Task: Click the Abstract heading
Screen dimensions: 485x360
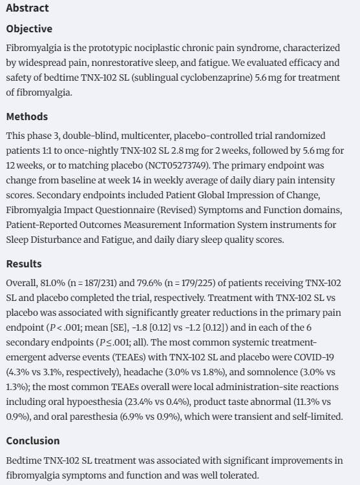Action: point(27,8)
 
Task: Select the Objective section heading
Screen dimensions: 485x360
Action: point(29,29)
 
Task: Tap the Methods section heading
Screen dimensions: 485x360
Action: point(27,117)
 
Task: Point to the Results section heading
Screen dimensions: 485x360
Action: point(24,264)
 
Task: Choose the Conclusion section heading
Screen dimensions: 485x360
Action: point(32,440)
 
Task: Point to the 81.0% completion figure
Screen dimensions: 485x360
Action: point(55,284)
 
